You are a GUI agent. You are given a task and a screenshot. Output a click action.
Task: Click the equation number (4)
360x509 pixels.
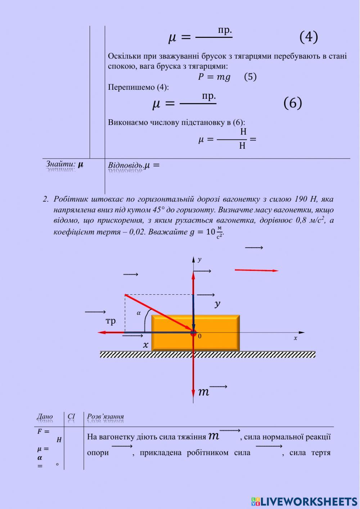point(309,37)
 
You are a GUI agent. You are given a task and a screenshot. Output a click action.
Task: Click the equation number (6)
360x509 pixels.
point(292,103)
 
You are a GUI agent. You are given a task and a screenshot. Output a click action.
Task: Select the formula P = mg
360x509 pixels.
point(214,77)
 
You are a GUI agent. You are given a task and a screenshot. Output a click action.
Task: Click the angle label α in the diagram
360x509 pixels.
point(139,313)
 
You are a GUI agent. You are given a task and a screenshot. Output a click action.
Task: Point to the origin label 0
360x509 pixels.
point(200,336)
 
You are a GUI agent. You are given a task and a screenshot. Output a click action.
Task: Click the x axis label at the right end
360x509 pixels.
point(296,338)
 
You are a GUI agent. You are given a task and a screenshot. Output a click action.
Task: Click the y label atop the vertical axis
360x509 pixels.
point(199,259)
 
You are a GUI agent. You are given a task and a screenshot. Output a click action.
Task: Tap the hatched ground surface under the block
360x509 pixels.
point(207,354)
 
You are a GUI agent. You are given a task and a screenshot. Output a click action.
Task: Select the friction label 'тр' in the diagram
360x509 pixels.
point(111,321)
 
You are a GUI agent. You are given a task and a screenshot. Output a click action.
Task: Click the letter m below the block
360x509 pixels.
point(203,392)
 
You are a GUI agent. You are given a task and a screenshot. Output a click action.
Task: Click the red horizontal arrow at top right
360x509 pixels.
point(256,270)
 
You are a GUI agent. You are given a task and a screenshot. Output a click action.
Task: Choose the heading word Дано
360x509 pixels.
point(45,417)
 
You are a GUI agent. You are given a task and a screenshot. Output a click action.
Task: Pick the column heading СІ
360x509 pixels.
point(71,416)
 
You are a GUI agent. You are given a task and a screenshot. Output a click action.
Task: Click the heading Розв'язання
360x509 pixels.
point(105,417)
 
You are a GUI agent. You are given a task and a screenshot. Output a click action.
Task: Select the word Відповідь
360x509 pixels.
point(126,165)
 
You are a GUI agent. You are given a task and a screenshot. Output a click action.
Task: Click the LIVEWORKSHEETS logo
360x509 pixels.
point(304,501)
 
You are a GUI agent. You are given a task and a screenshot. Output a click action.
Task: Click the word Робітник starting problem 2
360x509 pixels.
point(71,199)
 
